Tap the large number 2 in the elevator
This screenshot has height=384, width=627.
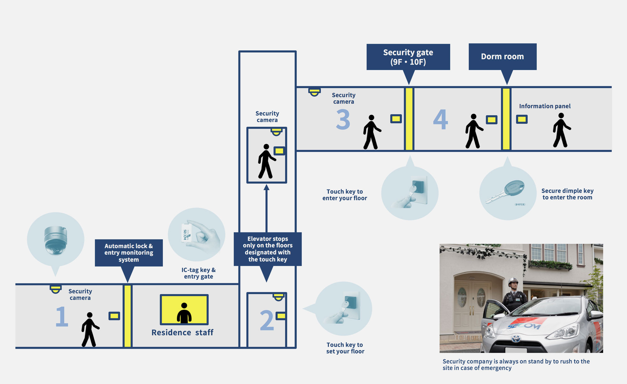tap(267, 320)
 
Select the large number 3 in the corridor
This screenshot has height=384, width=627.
tap(343, 119)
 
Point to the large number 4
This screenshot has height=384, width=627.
tap(441, 119)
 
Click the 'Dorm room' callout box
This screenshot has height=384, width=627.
tap(502, 57)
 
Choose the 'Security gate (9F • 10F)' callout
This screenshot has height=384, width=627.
tap(408, 57)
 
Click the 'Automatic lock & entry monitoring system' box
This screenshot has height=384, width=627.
tap(129, 253)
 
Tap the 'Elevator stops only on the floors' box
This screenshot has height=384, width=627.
tap(267, 249)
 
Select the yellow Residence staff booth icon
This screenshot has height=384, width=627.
tap(184, 310)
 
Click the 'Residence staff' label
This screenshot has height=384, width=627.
tap(182, 332)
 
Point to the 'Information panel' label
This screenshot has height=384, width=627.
tap(545, 106)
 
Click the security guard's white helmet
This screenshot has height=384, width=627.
tap(513, 281)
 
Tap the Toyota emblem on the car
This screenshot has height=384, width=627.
tap(516, 339)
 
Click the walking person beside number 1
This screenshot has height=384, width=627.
tap(90, 329)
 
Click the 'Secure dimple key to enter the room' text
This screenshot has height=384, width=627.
tap(567, 194)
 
